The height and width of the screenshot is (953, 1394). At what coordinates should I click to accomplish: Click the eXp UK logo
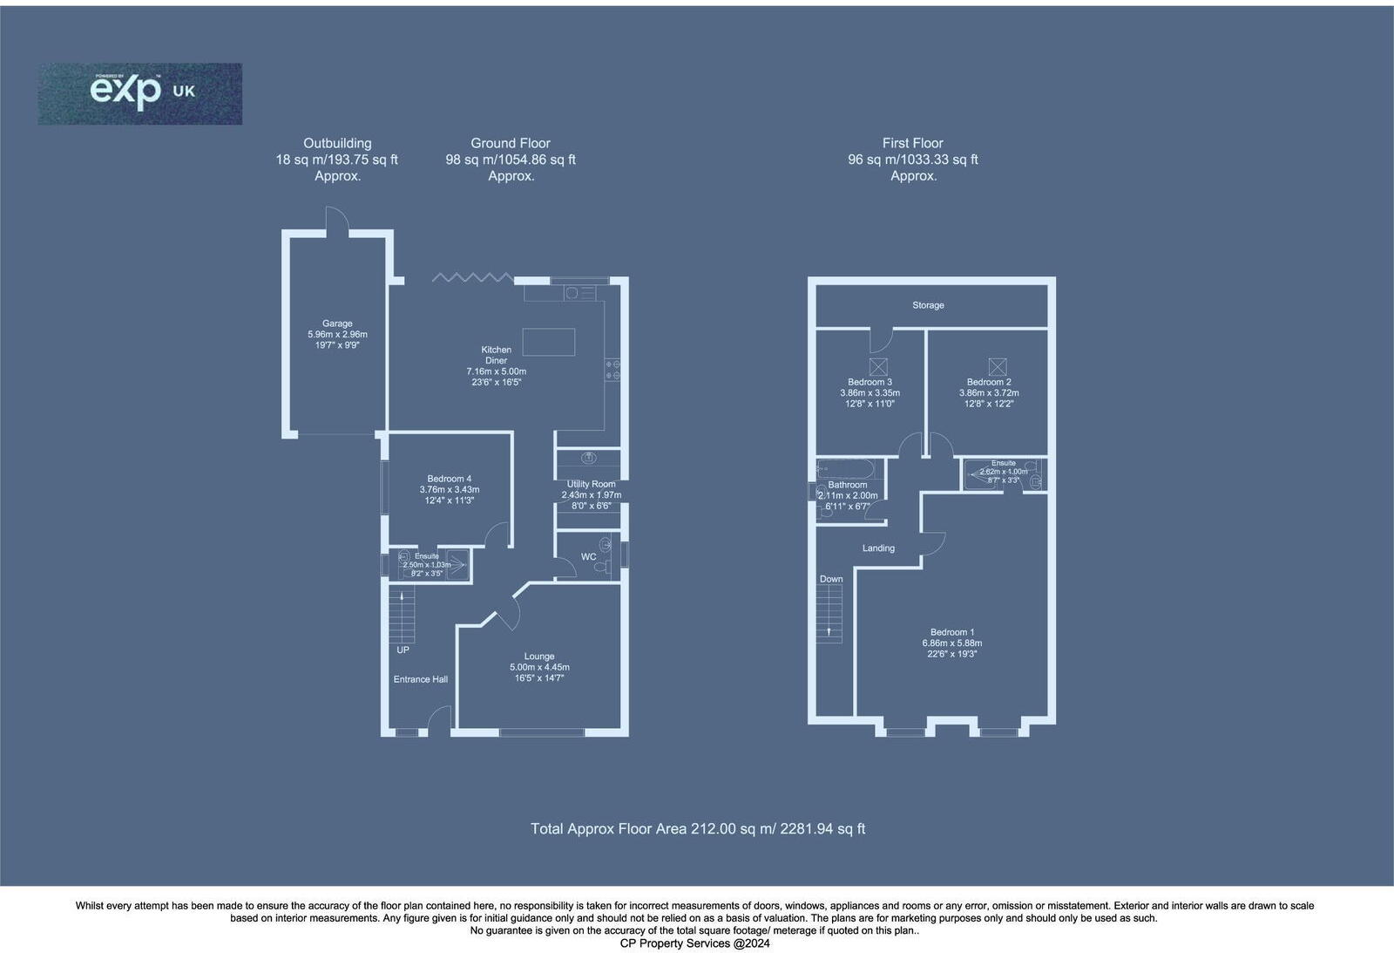tap(139, 92)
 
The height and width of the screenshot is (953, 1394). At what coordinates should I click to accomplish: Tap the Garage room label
tap(337, 323)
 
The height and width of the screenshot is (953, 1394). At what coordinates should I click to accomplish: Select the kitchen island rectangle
tap(548, 342)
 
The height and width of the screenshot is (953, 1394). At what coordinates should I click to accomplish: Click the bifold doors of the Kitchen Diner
tap(472, 277)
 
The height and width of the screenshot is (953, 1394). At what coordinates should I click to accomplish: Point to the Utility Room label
tap(591, 484)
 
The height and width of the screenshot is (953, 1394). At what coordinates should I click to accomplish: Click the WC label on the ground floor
tap(589, 556)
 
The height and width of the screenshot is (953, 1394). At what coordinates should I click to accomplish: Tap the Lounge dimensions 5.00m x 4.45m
tap(539, 667)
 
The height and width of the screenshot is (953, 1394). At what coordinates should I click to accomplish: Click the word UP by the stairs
tap(403, 650)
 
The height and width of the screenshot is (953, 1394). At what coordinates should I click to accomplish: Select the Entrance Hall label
tap(421, 679)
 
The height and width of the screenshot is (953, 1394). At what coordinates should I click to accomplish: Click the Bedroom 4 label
tap(450, 479)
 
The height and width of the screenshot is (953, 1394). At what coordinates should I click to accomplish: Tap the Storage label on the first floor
tap(928, 305)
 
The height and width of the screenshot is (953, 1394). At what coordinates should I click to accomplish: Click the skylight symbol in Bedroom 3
tap(878, 367)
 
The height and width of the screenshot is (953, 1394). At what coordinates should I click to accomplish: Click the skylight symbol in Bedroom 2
tap(996, 366)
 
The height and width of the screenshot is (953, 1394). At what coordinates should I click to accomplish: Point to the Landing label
tap(878, 548)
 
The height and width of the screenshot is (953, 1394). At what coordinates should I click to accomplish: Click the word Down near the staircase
tap(831, 579)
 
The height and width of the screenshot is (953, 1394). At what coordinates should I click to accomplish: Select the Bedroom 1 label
tap(952, 632)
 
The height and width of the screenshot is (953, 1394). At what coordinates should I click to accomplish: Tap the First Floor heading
tap(912, 143)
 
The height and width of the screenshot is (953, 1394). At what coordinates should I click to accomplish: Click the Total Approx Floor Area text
tap(697, 828)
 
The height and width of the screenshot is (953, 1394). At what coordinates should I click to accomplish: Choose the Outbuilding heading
tap(337, 143)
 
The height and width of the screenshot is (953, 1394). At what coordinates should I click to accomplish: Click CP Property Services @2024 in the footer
tap(694, 943)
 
